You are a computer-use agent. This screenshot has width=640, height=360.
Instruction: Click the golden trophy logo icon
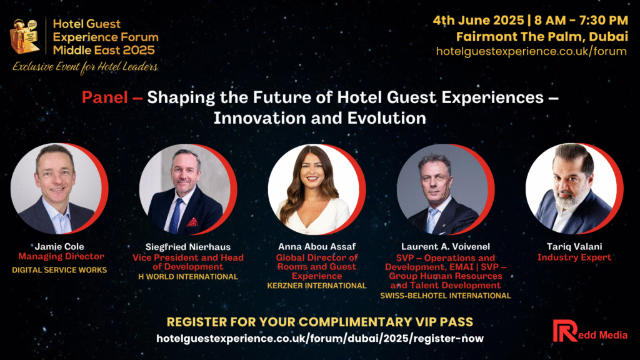[x=24, y=37]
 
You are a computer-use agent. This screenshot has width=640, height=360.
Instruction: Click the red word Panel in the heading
[x=105, y=97]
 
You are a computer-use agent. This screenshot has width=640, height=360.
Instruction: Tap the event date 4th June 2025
[x=478, y=21]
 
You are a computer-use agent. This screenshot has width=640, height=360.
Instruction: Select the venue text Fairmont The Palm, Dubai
[x=542, y=37]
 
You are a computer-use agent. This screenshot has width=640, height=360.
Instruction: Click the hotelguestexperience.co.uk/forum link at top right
[x=531, y=51]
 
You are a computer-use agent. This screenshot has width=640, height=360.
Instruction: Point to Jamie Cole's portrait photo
[x=56, y=189]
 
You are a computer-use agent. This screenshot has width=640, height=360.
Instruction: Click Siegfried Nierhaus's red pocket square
[x=192, y=222]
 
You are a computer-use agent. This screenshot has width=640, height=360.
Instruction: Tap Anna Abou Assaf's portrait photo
[x=314, y=189]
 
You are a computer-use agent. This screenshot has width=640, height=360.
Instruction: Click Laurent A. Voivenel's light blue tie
[x=432, y=221]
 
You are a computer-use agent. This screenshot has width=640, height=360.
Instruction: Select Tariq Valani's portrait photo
[x=571, y=189]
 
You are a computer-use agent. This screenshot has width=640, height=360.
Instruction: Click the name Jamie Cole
[x=59, y=246]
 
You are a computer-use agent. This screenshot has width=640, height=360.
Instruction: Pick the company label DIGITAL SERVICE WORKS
[x=59, y=270]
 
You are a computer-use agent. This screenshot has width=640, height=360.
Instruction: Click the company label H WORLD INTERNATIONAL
[x=188, y=277]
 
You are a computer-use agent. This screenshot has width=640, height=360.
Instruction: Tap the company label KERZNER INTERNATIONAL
[x=317, y=286]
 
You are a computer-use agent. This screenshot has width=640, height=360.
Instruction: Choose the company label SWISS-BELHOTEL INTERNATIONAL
[x=445, y=296]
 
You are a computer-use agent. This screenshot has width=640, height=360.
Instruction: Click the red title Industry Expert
[x=574, y=257]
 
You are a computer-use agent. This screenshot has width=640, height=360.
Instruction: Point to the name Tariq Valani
[x=574, y=246]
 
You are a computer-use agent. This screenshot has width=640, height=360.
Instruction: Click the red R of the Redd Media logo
[x=564, y=331]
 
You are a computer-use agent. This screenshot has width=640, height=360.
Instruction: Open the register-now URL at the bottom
[x=320, y=338]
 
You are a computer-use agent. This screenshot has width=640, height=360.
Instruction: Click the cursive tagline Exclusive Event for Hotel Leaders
[x=85, y=67]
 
